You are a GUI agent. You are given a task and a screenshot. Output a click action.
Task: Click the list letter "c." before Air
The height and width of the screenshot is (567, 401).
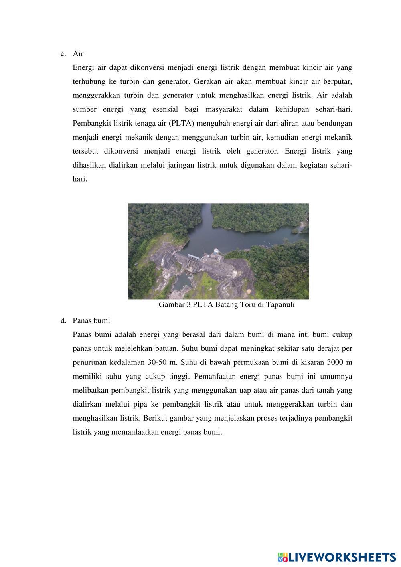tap(63, 54)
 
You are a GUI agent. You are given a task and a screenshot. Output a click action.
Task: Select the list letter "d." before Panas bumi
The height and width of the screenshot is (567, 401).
tap(63, 320)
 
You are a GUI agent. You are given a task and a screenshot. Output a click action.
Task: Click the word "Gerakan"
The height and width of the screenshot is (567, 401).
tap(207, 82)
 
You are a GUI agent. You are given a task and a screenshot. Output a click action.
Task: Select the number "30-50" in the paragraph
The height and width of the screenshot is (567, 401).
tap(156, 362)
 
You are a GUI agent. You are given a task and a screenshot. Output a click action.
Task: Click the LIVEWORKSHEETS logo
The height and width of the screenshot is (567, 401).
tap(337, 557)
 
